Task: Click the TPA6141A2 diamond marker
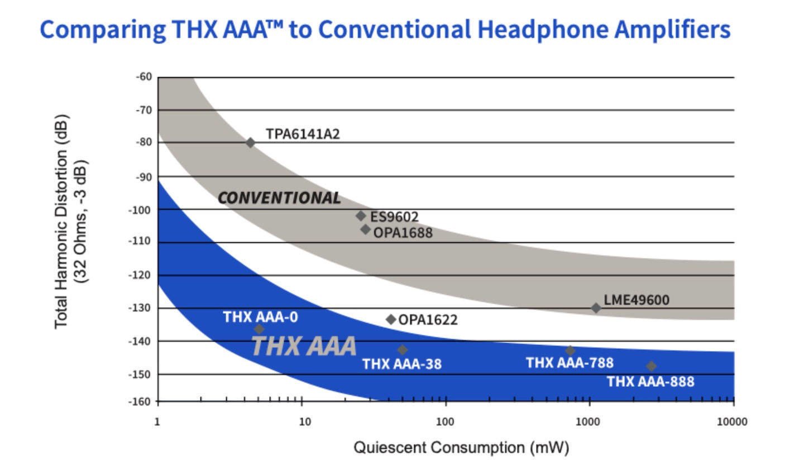(x=250, y=143)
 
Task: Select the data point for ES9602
(x=361, y=216)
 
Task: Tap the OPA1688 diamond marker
(x=365, y=229)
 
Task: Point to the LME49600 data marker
(x=596, y=308)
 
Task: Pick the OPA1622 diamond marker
(x=391, y=319)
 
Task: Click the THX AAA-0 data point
(x=259, y=329)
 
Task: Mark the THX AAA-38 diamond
(x=403, y=350)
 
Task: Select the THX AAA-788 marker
(x=570, y=351)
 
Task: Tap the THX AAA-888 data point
(x=651, y=367)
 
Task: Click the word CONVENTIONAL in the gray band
(x=279, y=198)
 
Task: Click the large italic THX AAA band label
(x=304, y=346)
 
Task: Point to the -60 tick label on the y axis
(x=143, y=76)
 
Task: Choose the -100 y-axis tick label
(x=140, y=210)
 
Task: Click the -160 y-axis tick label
(x=140, y=401)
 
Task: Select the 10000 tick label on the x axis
(x=732, y=421)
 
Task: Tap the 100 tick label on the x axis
(x=445, y=421)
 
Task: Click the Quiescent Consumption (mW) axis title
(x=461, y=448)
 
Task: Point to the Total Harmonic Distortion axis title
(x=61, y=222)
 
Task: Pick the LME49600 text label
(x=636, y=300)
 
